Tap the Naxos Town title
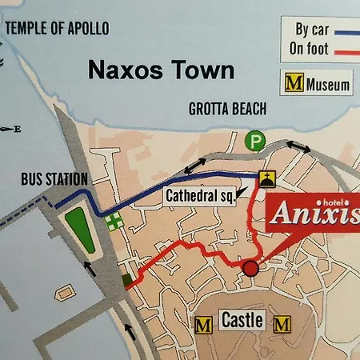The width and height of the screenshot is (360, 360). (x=161, y=70)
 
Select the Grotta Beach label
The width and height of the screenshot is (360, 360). (x=227, y=110)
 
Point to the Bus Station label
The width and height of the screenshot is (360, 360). (x=54, y=180)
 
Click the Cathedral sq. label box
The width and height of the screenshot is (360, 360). (x=200, y=194)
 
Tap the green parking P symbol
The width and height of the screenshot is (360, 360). (x=255, y=140)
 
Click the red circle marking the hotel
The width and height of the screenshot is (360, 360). (x=251, y=268)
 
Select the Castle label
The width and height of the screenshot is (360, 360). (x=242, y=322)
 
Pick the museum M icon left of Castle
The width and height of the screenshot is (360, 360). (x=205, y=324)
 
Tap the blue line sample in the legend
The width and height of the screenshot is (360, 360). (x=346, y=33)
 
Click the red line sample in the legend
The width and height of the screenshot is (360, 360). (x=346, y=52)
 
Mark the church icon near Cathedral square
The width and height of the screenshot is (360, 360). (x=266, y=178)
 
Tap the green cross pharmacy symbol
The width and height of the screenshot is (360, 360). (x=114, y=220)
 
